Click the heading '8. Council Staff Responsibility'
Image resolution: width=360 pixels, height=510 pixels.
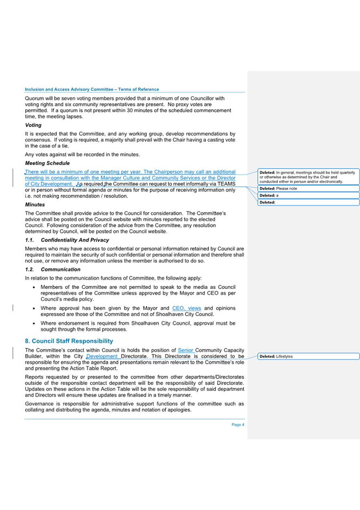(69, 341)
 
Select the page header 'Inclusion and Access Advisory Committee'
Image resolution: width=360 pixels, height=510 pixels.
(92, 89)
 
